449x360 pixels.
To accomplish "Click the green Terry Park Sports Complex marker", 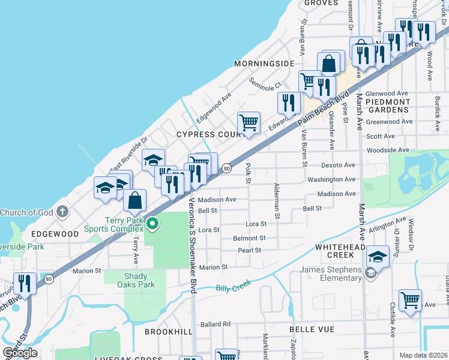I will click(x=152, y=224).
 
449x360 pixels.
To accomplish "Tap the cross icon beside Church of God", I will click(x=62, y=212).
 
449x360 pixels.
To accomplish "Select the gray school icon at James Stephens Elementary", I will click(x=370, y=274).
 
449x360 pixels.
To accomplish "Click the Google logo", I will click(x=20, y=353).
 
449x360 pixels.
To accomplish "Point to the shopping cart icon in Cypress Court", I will click(x=249, y=123).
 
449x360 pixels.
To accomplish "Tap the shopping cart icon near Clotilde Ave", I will click(x=410, y=299).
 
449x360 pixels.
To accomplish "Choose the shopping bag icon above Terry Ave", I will click(x=135, y=200).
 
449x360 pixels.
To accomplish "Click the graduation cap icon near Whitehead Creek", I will click(x=378, y=257).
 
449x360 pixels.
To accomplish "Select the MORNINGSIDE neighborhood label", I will click(x=264, y=63).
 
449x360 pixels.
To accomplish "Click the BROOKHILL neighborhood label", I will click(x=168, y=331).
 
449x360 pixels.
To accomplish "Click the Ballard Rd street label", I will click(x=215, y=324).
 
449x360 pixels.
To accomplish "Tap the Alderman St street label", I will click(x=277, y=201).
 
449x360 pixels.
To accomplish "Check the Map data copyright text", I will click(x=423, y=355).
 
